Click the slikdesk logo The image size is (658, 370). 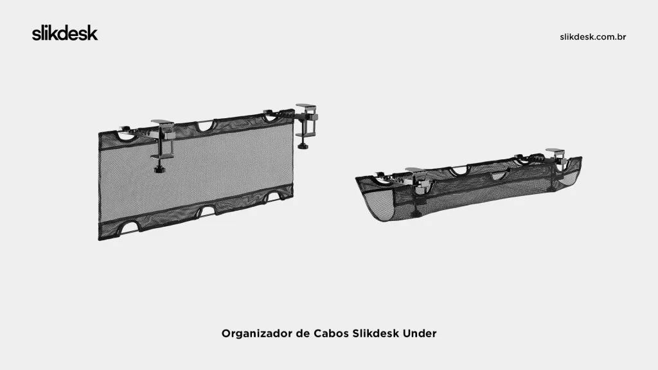tap(65, 34)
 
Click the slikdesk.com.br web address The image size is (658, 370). tap(593, 37)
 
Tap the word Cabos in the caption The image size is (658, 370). tap(332, 334)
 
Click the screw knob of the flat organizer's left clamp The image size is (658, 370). tap(159, 170)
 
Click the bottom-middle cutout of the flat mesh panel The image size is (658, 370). tap(207, 211)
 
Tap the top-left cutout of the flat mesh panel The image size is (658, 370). tap(126, 136)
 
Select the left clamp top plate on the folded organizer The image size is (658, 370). tap(415, 170)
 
